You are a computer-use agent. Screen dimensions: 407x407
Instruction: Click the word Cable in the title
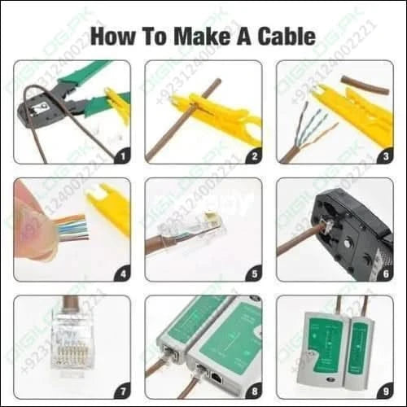click(x=283, y=37)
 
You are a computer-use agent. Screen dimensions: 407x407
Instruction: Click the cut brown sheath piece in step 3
click(x=365, y=82)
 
